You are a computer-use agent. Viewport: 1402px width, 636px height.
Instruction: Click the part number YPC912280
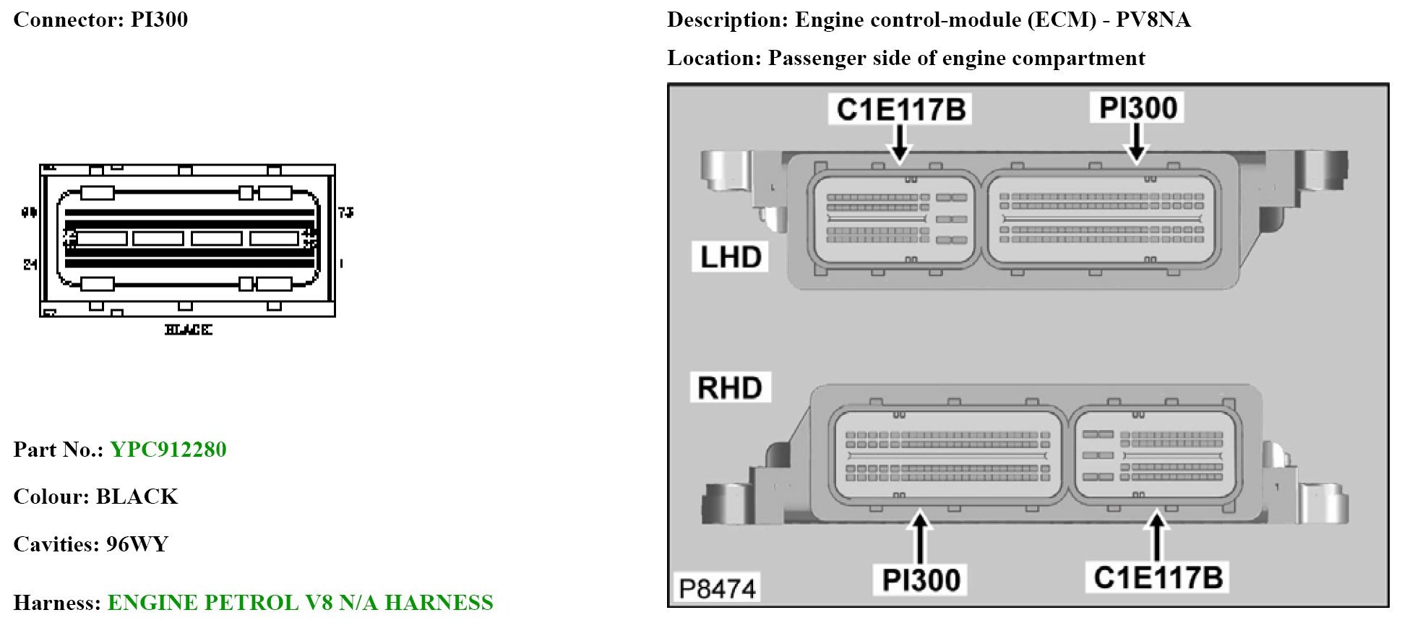(x=168, y=450)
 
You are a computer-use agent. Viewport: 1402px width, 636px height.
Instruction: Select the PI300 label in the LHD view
(x=1137, y=108)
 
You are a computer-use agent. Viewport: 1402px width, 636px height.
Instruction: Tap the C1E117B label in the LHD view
(x=900, y=110)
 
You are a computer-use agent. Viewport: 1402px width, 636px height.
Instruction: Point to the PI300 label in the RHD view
(x=921, y=580)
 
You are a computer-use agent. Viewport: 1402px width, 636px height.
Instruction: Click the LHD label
(x=731, y=257)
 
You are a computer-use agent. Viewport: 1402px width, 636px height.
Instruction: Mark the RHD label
(x=730, y=388)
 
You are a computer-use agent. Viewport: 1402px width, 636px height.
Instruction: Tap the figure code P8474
(x=717, y=589)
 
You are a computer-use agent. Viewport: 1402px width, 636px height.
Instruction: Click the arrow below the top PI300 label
(x=1137, y=142)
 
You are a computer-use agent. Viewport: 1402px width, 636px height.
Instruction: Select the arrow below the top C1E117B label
(x=900, y=143)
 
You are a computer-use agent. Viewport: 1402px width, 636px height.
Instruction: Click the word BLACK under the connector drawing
(x=188, y=330)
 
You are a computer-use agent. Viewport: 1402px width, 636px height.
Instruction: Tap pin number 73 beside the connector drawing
(x=346, y=212)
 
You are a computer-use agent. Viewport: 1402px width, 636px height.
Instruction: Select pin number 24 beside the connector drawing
(x=30, y=265)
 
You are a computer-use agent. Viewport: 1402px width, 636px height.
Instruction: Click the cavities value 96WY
(x=137, y=544)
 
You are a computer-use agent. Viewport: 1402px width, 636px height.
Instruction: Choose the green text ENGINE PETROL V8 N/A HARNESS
(x=300, y=603)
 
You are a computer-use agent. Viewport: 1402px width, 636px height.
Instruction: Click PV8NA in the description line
(x=1153, y=20)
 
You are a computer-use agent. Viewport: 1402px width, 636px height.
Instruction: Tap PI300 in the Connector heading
(x=159, y=20)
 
